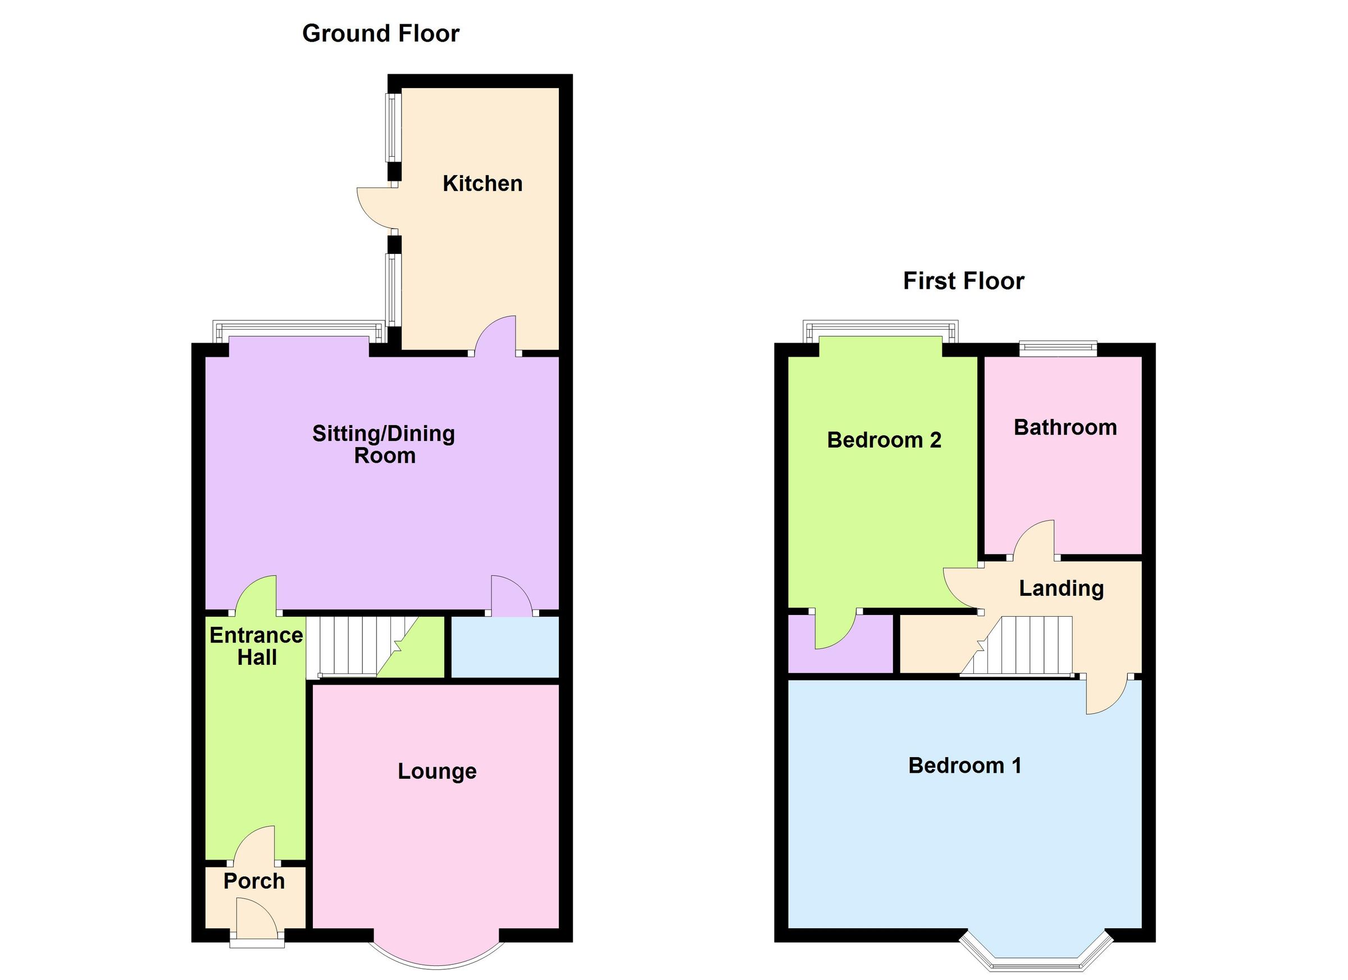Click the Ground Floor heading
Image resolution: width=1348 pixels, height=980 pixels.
pyautogui.click(x=380, y=34)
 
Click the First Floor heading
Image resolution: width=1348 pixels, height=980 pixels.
pyautogui.click(x=963, y=281)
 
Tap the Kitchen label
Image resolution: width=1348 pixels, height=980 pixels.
pyautogui.click(x=482, y=184)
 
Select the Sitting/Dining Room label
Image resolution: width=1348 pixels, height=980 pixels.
pyautogui.click(x=384, y=445)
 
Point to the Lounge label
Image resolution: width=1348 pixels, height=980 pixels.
pyautogui.click(x=437, y=772)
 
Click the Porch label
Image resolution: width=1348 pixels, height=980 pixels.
pyautogui.click(x=254, y=881)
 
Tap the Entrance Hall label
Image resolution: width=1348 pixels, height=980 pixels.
pyautogui.click(x=256, y=646)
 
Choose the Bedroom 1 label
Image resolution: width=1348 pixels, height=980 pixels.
pyautogui.click(x=964, y=765)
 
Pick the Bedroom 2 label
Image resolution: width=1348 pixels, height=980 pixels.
pyautogui.click(x=884, y=440)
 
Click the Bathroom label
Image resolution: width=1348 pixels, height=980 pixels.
pyautogui.click(x=1065, y=428)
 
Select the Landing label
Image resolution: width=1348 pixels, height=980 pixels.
pyautogui.click(x=1061, y=589)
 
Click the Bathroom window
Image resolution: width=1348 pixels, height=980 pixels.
pyautogui.click(x=1058, y=348)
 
